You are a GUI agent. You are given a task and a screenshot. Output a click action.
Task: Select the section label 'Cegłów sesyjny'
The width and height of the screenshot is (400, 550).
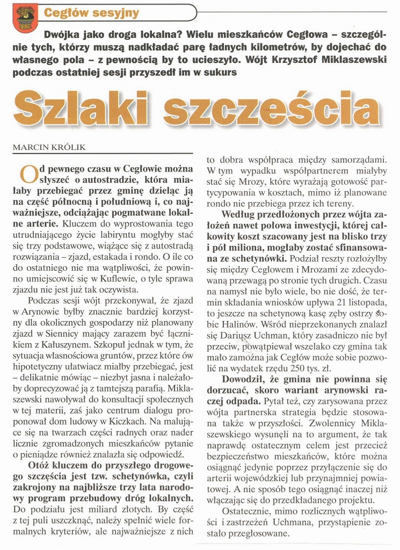click(x=91, y=12)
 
